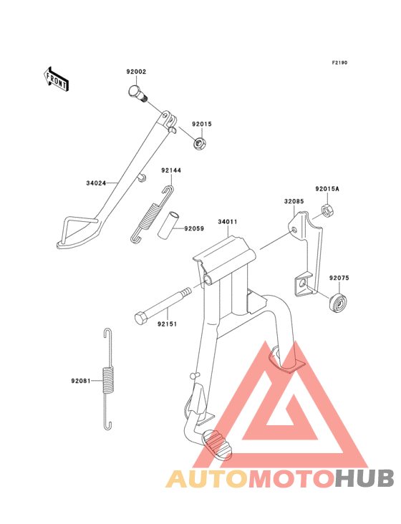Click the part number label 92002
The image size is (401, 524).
(x=136, y=72)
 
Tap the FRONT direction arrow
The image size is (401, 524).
(x=56, y=79)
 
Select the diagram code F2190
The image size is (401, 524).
(x=339, y=62)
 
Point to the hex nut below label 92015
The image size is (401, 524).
(x=200, y=144)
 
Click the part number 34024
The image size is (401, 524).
(x=96, y=183)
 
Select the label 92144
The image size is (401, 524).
(x=171, y=170)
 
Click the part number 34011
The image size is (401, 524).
(x=228, y=222)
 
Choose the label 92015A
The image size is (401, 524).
(x=327, y=189)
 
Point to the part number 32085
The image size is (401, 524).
(x=294, y=202)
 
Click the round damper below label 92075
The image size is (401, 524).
(x=339, y=303)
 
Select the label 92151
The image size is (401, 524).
(x=167, y=324)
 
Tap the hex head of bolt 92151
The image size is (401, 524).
(x=141, y=318)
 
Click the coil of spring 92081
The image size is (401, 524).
(x=107, y=379)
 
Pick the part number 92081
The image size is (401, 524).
(x=81, y=381)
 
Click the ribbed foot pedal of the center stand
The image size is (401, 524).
(x=217, y=445)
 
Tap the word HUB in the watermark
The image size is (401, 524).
(x=365, y=478)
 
